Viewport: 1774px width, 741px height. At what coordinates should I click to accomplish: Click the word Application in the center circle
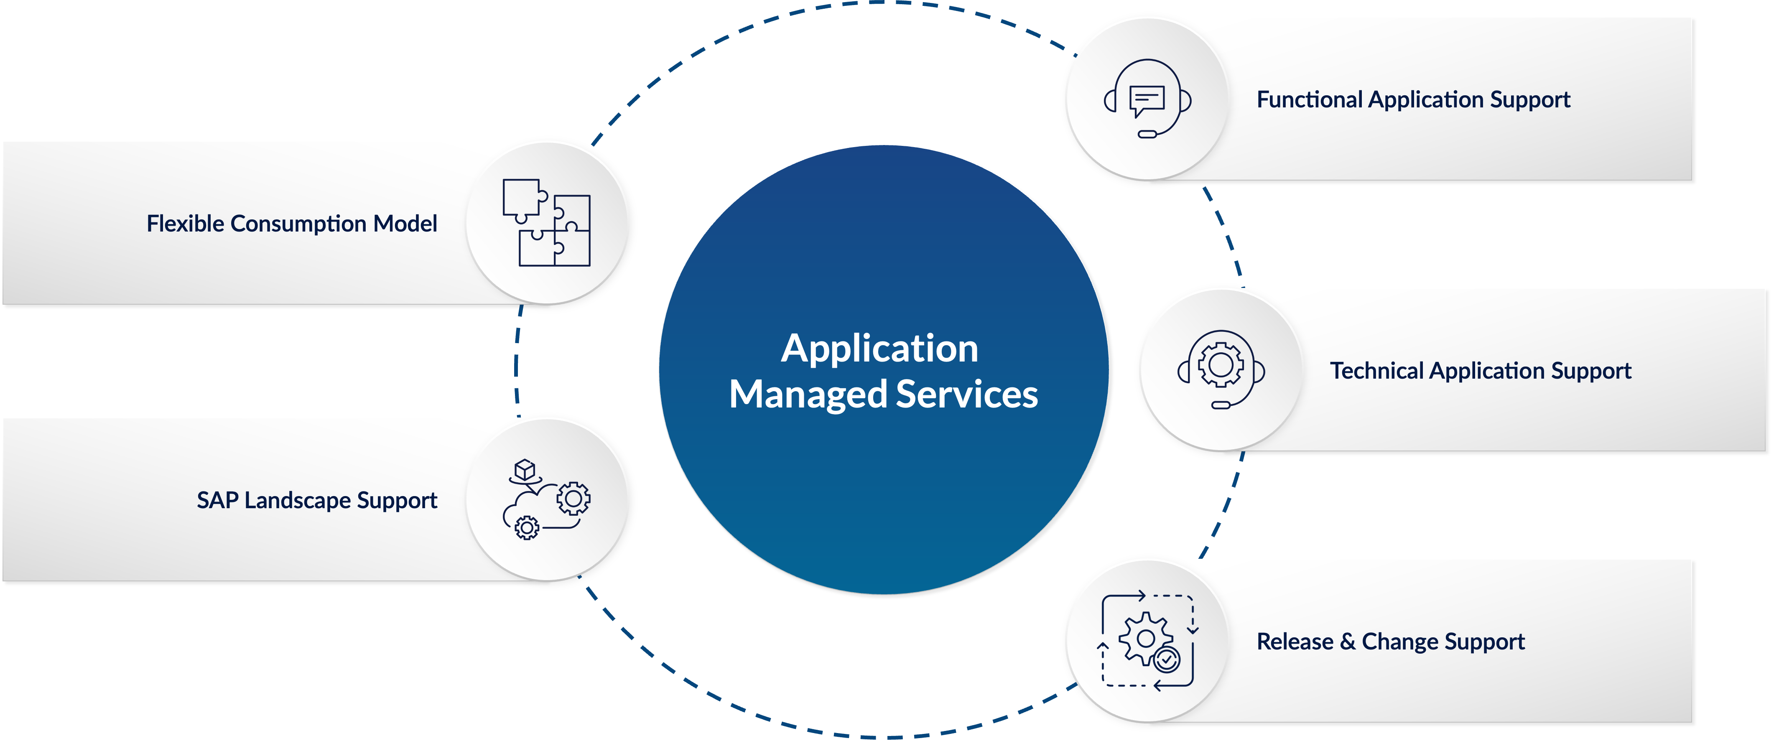(879, 349)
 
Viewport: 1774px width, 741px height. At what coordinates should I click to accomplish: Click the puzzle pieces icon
(546, 222)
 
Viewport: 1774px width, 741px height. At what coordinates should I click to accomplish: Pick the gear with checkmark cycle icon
(1147, 640)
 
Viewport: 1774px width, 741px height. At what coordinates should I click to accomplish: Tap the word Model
(405, 224)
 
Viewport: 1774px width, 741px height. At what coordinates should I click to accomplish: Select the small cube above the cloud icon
(525, 470)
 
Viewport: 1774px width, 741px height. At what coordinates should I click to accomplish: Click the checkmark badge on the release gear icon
(1167, 659)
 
